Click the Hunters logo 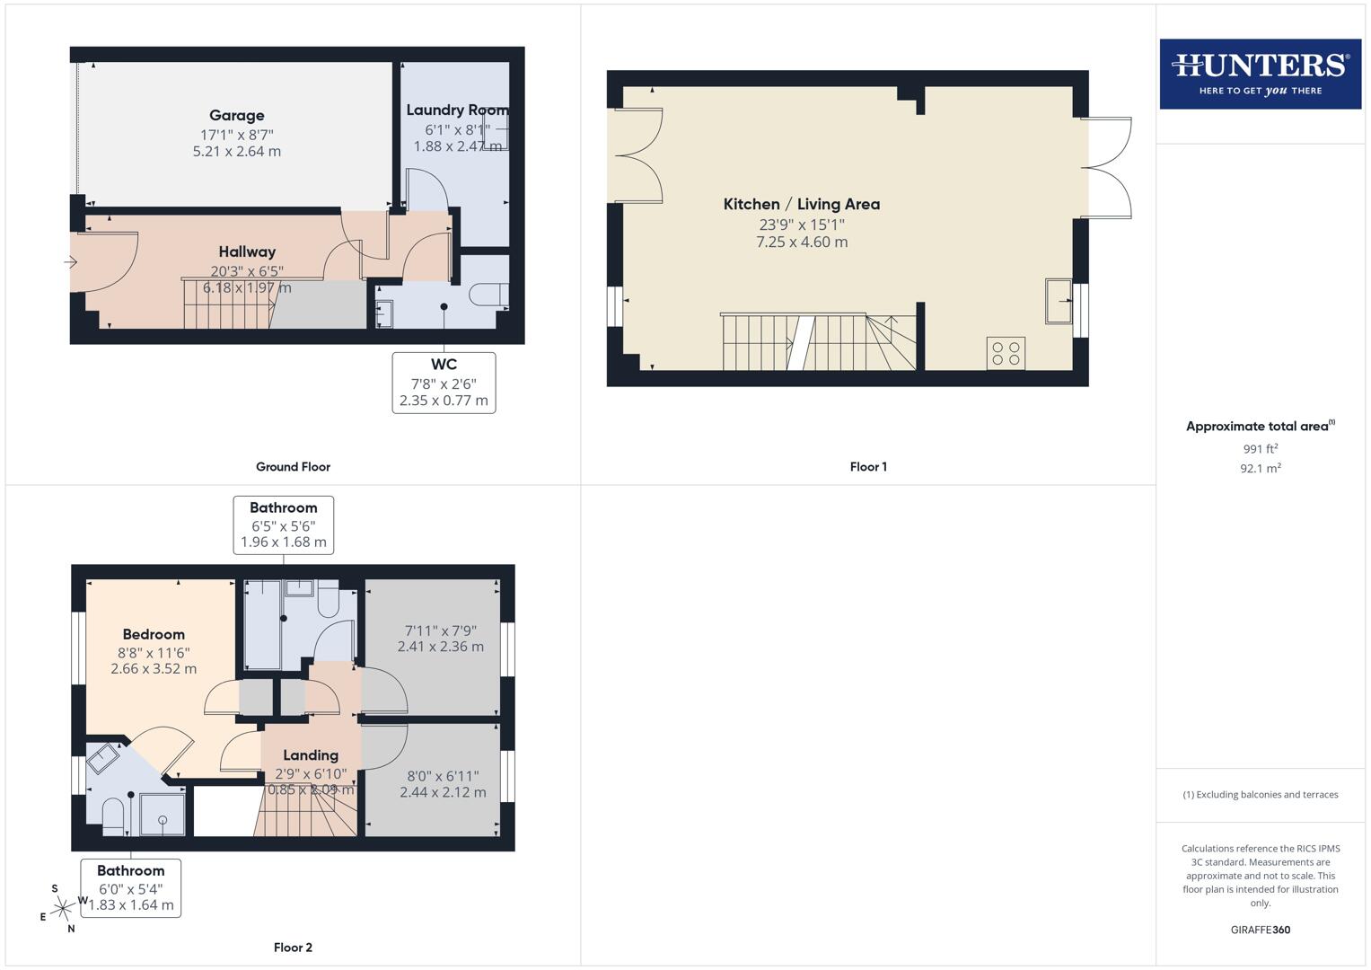pyautogui.click(x=1260, y=74)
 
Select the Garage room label pyautogui.click(x=236, y=116)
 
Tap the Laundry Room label pyautogui.click(x=456, y=110)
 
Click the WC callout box pyautogui.click(x=444, y=383)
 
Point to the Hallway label pyautogui.click(x=247, y=252)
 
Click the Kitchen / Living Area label pyautogui.click(x=801, y=205)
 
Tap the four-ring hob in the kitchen pyautogui.click(x=1006, y=353)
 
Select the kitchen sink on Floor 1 pyautogui.click(x=1059, y=301)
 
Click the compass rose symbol pyautogui.click(x=62, y=909)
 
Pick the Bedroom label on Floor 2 pyautogui.click(x=154, y=635)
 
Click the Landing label pyautogui.click(x=311, y=756)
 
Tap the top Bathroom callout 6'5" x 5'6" pyautogui.click(x=284, y=525)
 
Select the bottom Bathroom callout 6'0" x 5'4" pyautogui.click(x=131, y=887)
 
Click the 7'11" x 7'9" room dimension pyautogui.click(x=440, y=639)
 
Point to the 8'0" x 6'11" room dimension pyautogui.click(x=443, y=784)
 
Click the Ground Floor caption pyautogui.click(x=293, y=467)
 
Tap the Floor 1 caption pyautogui.click(x=867, y=467)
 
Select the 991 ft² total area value pyautogui.click(x=1260, y=449)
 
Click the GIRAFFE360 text pyautogui.click(x=1260, y=930)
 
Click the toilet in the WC pyautogui.click(x=488, y=295)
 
